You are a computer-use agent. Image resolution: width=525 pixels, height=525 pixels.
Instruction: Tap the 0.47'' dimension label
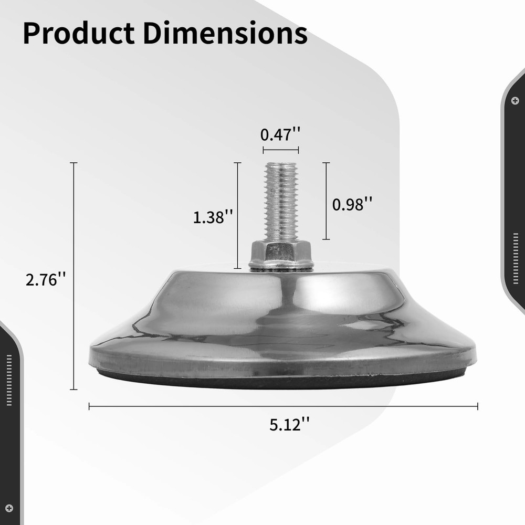(280, 135)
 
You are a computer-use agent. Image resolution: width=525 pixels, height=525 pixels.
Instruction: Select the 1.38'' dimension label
(213, 217)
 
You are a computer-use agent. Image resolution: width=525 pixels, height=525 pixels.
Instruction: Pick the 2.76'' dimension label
(46, 279)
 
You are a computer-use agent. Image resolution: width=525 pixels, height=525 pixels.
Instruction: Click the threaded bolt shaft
(281, 202)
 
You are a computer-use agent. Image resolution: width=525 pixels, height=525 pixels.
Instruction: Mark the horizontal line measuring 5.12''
(283, 406)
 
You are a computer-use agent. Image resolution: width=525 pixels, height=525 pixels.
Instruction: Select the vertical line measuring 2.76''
(73, 276)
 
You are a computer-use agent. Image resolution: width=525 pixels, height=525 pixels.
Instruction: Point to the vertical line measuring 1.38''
(237, 216)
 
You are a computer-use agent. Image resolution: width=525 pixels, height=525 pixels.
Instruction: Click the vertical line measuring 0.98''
(326, 201)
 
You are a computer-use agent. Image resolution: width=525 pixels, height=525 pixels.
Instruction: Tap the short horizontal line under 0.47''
(280, 150)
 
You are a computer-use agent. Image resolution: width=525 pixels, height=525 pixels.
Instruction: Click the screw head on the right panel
(515, 100)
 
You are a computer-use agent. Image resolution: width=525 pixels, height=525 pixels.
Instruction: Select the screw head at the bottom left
(8, 507)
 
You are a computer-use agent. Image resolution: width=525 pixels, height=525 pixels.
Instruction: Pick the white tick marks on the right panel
(516, 251)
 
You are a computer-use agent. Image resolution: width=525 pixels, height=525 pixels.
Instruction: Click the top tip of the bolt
(281, 163)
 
